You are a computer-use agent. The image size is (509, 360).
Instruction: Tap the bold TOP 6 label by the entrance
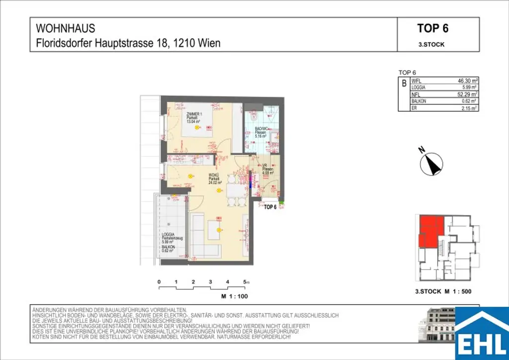[x=270, y=207]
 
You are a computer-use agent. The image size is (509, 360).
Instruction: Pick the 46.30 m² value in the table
[x=467, y=80]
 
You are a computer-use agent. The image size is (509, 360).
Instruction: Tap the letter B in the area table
[x=404, y=84]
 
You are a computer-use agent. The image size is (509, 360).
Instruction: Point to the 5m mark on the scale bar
[x=246, y=282]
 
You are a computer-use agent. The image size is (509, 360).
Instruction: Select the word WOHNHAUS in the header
[x=66, y=29]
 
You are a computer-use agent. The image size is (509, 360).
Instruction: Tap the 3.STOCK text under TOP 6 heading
[x=431, y=44]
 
